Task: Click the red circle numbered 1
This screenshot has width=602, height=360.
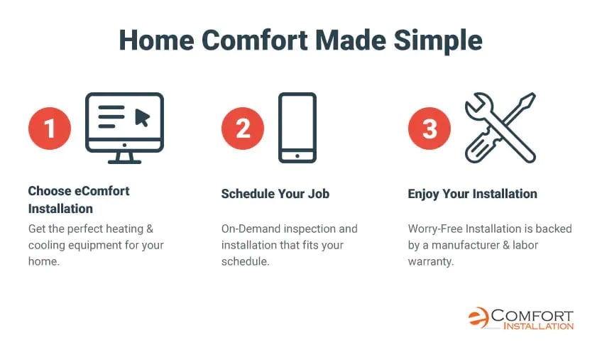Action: (x=50, y=129)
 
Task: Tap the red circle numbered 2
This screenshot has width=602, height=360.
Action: (x=243, y=129)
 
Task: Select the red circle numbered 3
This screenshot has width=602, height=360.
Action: (x=429, y=129)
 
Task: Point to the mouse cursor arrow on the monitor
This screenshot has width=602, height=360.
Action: (x=142, y=117)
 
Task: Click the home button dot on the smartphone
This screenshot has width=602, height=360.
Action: (x=297, y=156)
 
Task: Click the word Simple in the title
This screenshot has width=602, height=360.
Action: (x=438, y=40)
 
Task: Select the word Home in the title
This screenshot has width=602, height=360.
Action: (x=157, y=40)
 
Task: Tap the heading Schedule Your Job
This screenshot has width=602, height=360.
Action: (x=275, y=194)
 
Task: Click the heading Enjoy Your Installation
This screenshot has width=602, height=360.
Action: (x=472, y=194)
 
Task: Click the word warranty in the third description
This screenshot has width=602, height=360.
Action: (x=431, y=261)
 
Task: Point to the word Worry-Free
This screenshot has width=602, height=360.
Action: (x=435, y=229)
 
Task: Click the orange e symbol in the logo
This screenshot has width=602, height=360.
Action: (x=478, y=317)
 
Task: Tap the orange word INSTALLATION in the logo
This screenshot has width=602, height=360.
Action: (x=538, y=326)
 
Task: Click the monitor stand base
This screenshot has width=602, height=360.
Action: (x=124, y=162)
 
